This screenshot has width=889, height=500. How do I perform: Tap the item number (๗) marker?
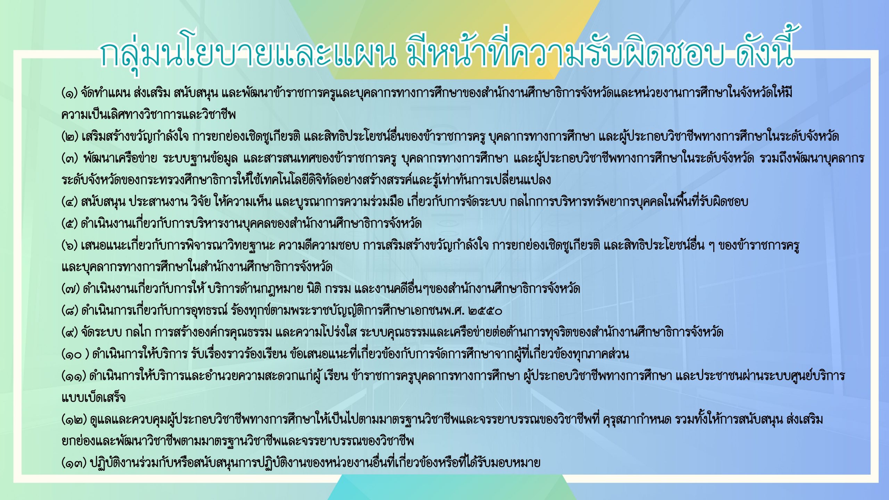point(70,289)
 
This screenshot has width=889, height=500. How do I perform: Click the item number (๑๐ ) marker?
point(75,354)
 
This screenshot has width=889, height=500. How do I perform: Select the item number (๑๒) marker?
point(74,419)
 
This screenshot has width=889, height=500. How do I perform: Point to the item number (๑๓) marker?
point(74,463)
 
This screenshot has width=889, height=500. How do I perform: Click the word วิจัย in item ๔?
point(201,201)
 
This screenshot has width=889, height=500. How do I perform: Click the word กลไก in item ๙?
point(138,332)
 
